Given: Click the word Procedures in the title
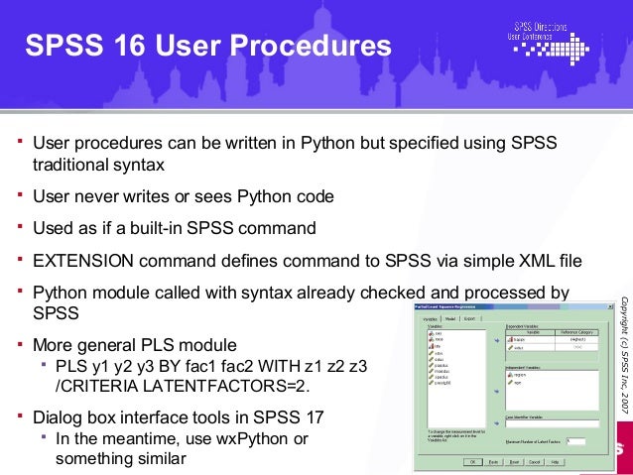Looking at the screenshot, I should [318, 47].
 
